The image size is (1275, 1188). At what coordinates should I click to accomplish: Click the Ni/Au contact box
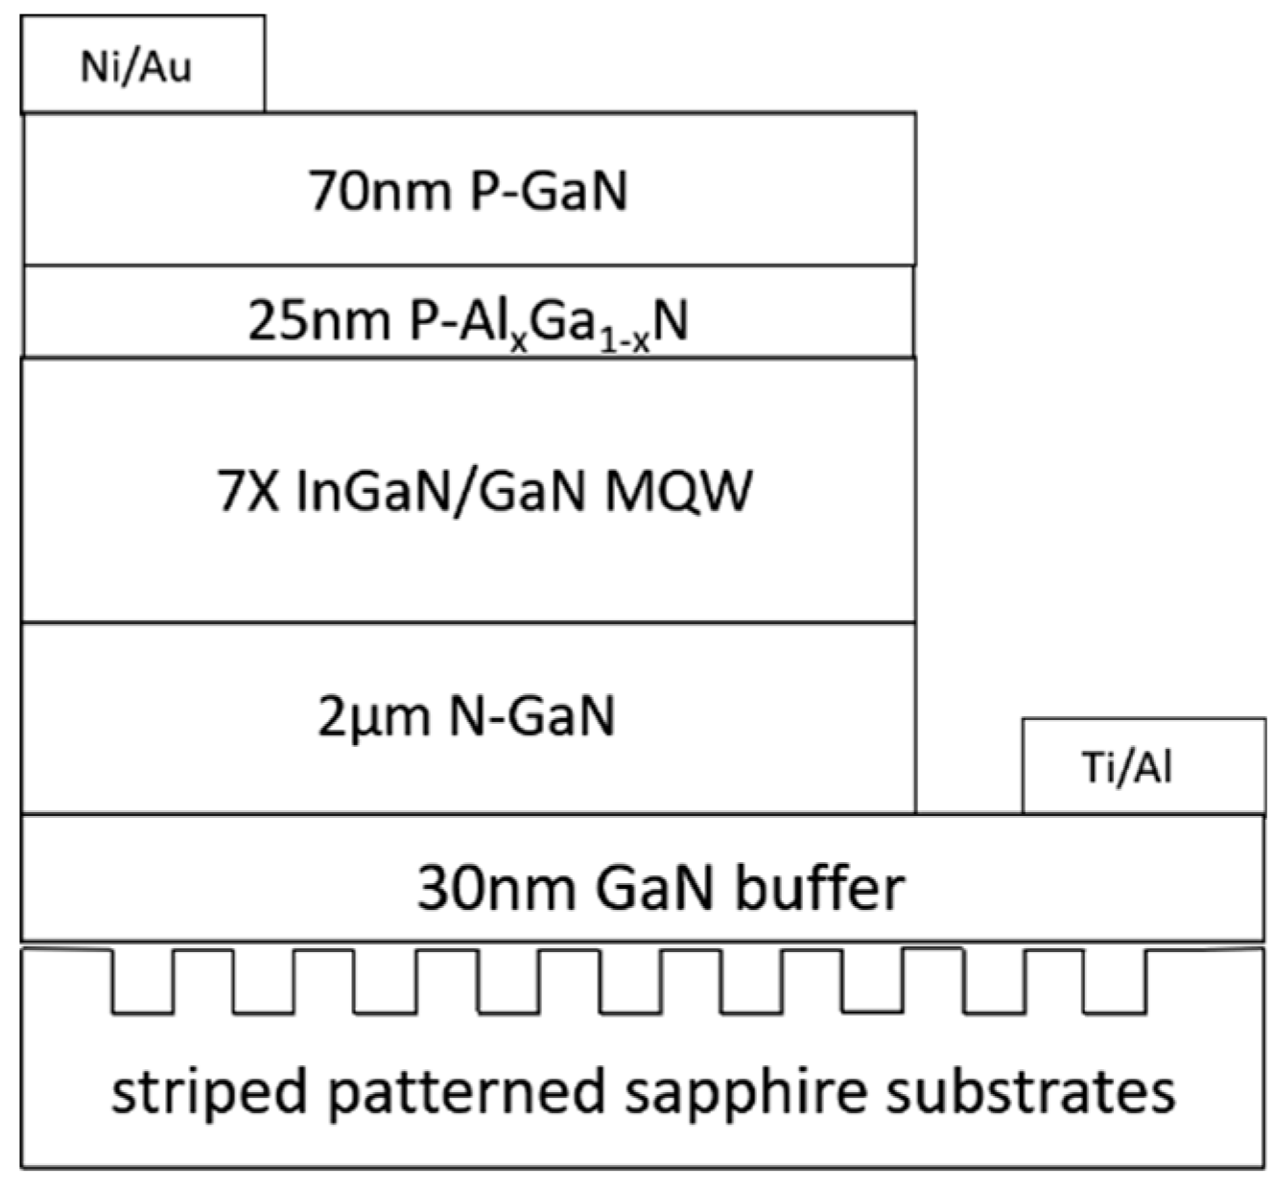[142, 64]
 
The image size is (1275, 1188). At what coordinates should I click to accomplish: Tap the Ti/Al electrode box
[1143, 766]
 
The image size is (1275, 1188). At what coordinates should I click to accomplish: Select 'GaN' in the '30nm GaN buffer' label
[653, 888]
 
